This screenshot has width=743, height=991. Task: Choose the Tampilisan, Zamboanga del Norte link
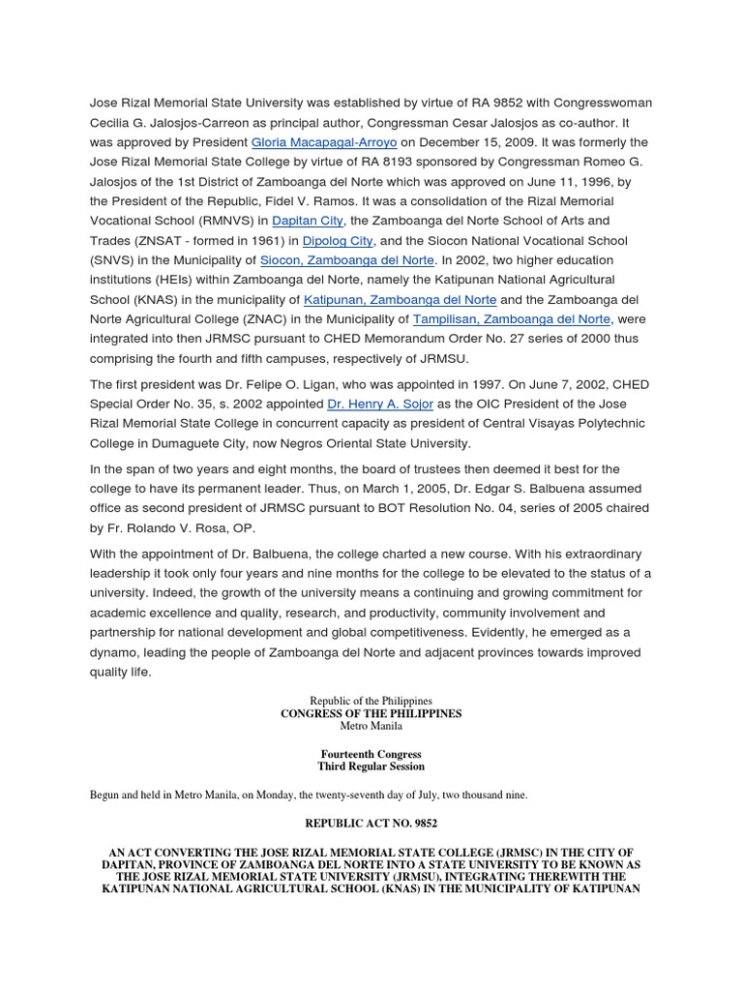512,319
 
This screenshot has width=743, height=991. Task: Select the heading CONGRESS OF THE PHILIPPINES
371,713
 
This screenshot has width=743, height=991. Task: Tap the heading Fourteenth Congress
371,753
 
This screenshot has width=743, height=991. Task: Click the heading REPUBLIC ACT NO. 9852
371,824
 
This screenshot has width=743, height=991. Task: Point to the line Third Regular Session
371,766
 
